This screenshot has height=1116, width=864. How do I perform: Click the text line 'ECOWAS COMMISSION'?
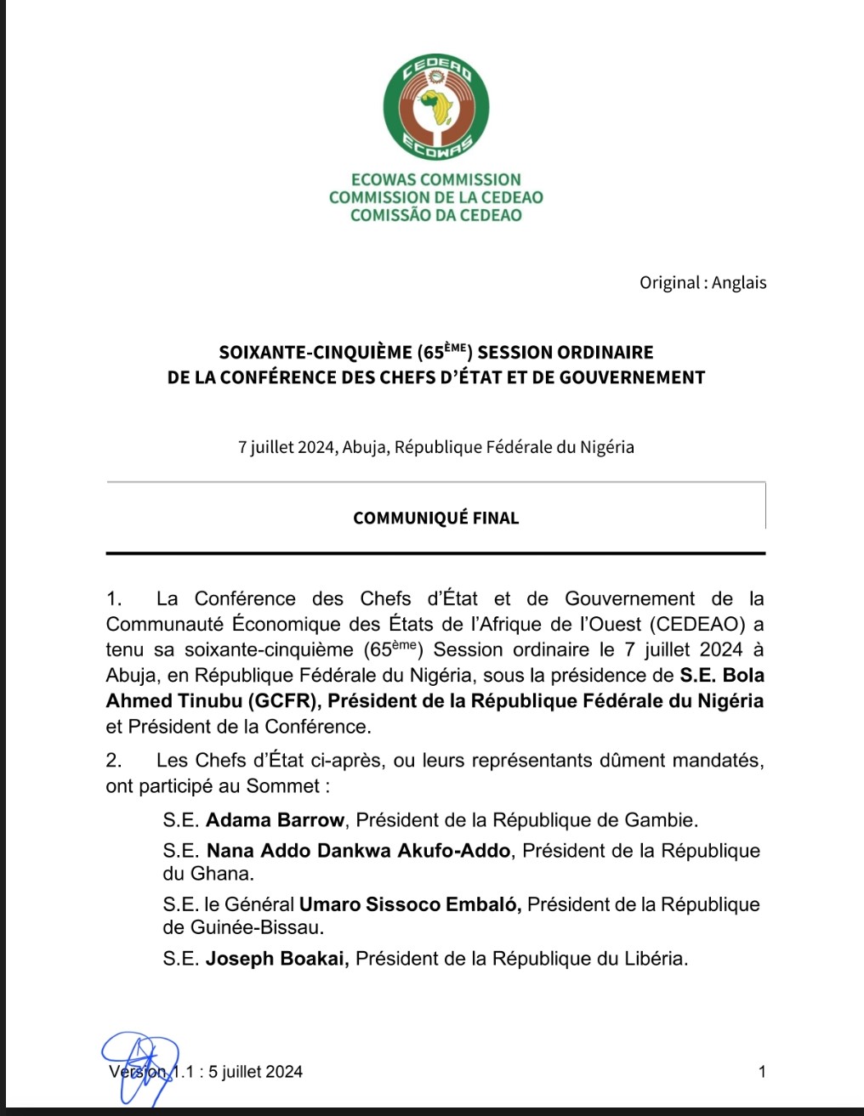pos(435,179)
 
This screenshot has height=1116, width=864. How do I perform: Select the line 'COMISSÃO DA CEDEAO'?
pos(435,215)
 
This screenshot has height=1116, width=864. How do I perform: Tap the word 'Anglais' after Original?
pos(739,283)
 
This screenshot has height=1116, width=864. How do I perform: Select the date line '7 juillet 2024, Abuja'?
pos(435,447)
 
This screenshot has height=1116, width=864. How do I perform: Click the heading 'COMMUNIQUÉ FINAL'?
pos(435,518)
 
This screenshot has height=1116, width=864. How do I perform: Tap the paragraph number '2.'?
pos(115,761)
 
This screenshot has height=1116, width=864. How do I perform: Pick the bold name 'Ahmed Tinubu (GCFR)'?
pos(213,701)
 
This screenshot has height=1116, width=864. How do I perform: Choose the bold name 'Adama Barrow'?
pos(275,820)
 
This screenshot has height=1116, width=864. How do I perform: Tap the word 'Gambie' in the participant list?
pos(661,820)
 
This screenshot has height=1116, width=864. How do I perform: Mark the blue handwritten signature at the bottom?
pos(141,1067)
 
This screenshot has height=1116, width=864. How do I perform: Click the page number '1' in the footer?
pos(762,1072)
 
